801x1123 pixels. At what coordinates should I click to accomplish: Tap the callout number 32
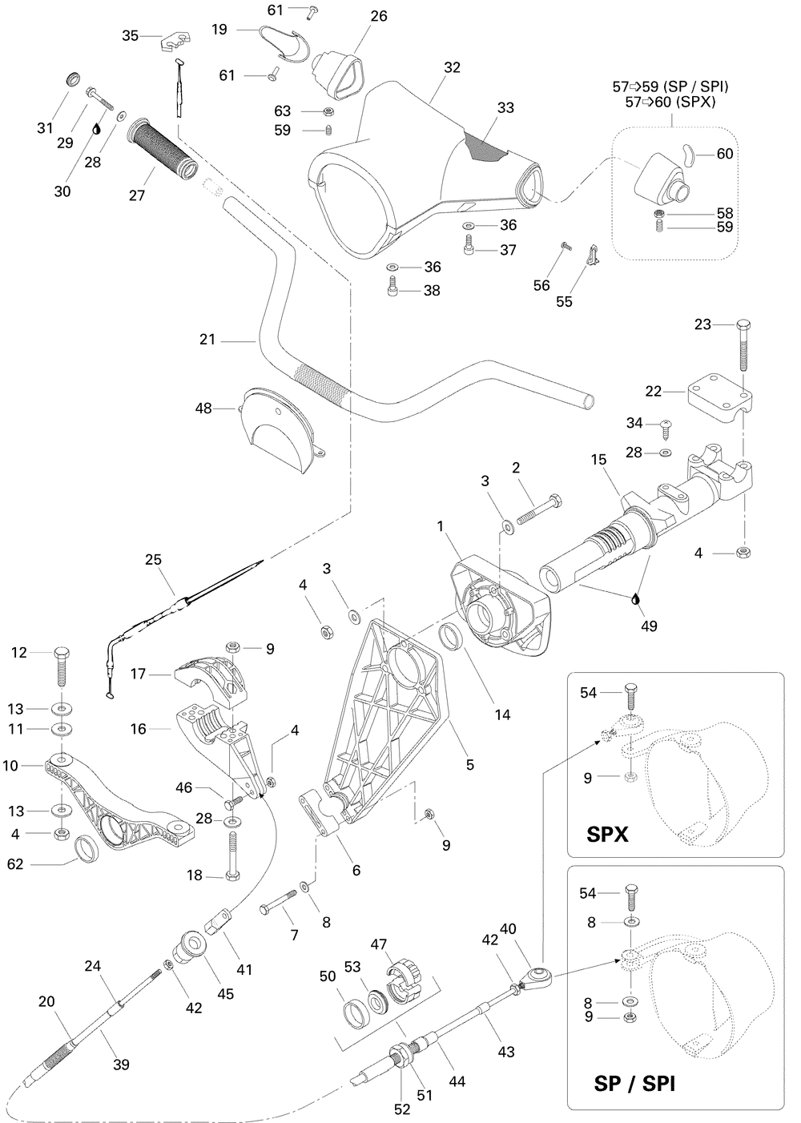pos(452,67)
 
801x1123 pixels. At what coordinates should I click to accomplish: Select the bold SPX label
pos(607,834)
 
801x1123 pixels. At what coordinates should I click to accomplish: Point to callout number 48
pos(203,408)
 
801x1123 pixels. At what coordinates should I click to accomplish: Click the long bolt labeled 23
pos(743,345)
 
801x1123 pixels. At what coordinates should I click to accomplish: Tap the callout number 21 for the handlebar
pos(207,340)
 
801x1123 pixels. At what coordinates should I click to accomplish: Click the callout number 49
pos(649,626)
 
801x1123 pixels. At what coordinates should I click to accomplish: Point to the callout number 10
pos(10,766)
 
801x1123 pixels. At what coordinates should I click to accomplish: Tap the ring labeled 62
pos(86,849)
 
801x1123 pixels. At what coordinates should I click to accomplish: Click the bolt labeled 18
pos(232,855)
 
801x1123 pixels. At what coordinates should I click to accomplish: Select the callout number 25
pos(153,559)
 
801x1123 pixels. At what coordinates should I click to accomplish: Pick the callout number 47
pos(378,944)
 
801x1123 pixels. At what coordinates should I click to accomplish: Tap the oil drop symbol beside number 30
pos(96,129)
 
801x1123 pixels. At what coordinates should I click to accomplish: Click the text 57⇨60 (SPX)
pos(670,102)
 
